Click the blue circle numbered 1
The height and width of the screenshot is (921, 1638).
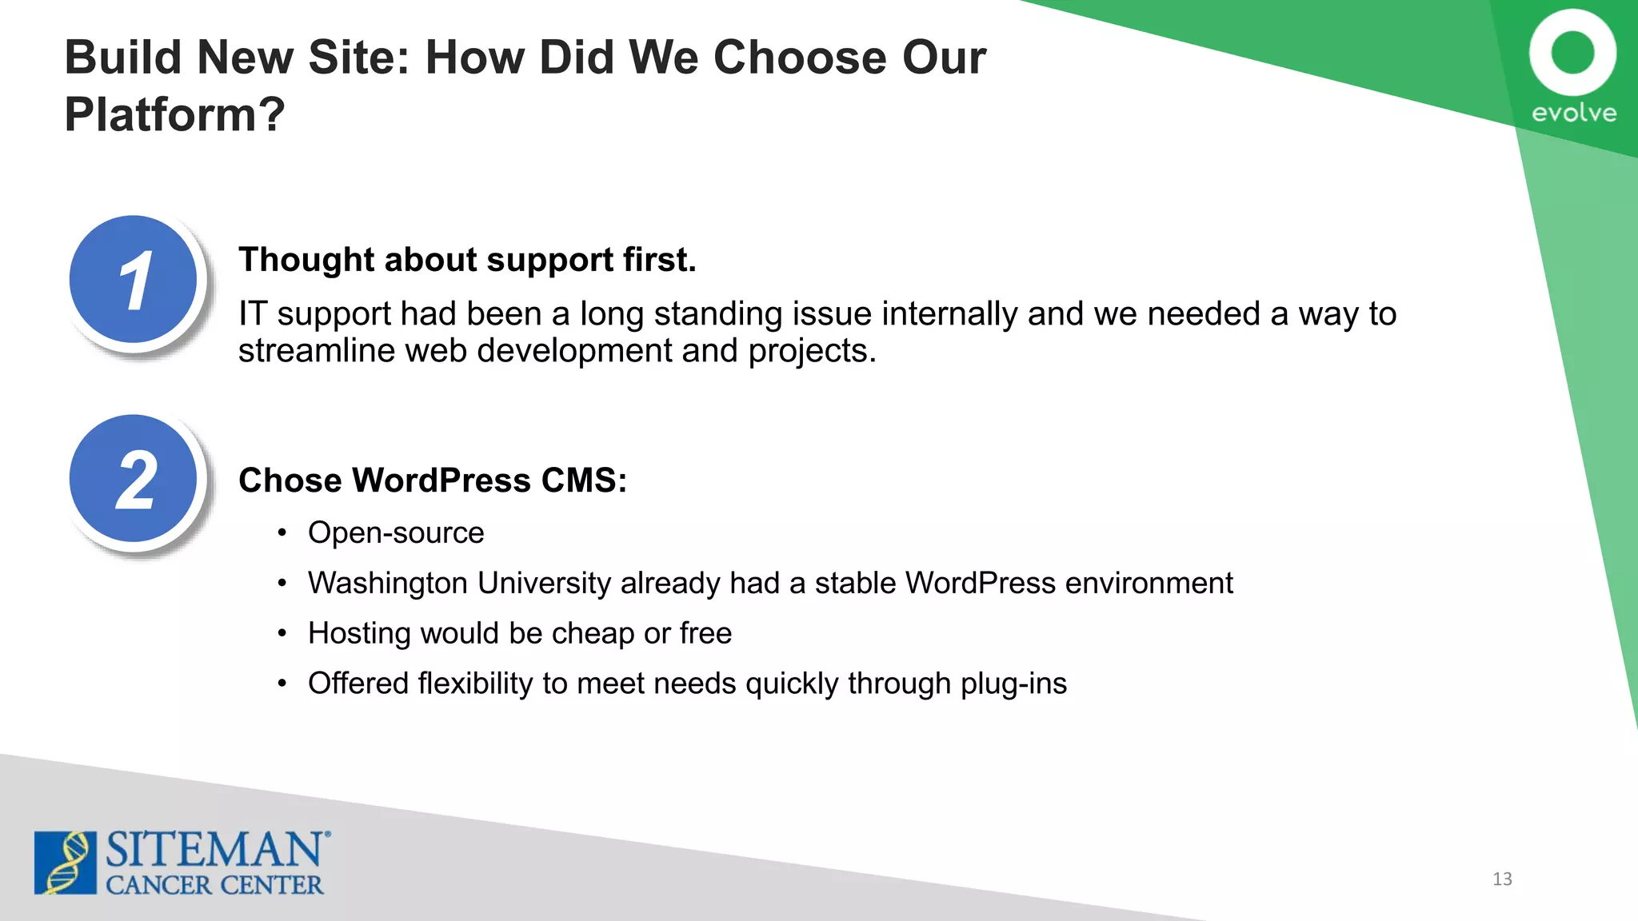[134, 280]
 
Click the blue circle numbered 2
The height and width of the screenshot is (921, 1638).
[134, 479]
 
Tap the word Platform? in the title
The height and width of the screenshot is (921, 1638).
[174, 114]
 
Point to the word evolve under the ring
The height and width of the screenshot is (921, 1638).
[1573, 113]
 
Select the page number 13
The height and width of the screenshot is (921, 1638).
[1502, 879]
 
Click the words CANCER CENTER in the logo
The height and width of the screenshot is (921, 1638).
[214, 885]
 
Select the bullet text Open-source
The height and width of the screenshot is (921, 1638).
[396, 532]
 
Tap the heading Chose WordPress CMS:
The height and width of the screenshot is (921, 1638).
[433, 480]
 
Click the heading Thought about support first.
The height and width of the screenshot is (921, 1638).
[467, 260]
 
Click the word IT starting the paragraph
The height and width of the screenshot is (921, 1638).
[252, 313]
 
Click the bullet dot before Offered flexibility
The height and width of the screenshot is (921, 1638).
[282, 684]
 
